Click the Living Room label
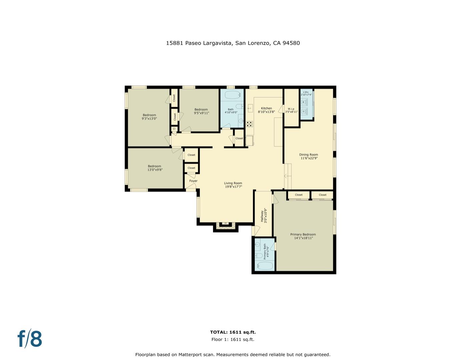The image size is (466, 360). pyautogui.click(x=233, y=183)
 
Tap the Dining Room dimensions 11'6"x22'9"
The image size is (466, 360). pyautogui.click(x=309, y=158)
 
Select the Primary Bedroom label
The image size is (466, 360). pyautogui.click(x=303, y=234)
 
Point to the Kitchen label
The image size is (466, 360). pyautogui.click(x=266, y=108)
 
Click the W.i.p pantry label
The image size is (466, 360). pyautogui.click(x=291, y=109)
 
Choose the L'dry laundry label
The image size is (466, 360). pyautogui.click(x=306, y=92)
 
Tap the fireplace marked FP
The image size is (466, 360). pyautogui.click(x=226, y=224)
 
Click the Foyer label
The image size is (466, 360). pyautogui.click(x=193, y=181)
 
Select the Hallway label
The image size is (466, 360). pyautogui.click(x=262, y=216)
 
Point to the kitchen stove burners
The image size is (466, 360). pyautogui.click(x=249, y=124)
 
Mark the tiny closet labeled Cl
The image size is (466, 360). pyautogui.click(x=174, y=129)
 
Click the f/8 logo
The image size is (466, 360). pyautogui.click(x=30, y=339)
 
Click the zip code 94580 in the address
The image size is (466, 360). pyautogui.click(x=291, y=43)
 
